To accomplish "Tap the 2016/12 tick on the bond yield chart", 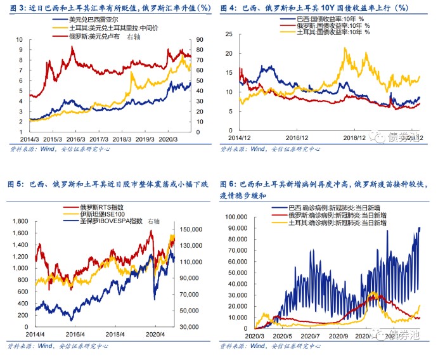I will (x=297, y=137).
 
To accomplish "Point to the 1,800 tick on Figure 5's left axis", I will (x=21, y=221).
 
